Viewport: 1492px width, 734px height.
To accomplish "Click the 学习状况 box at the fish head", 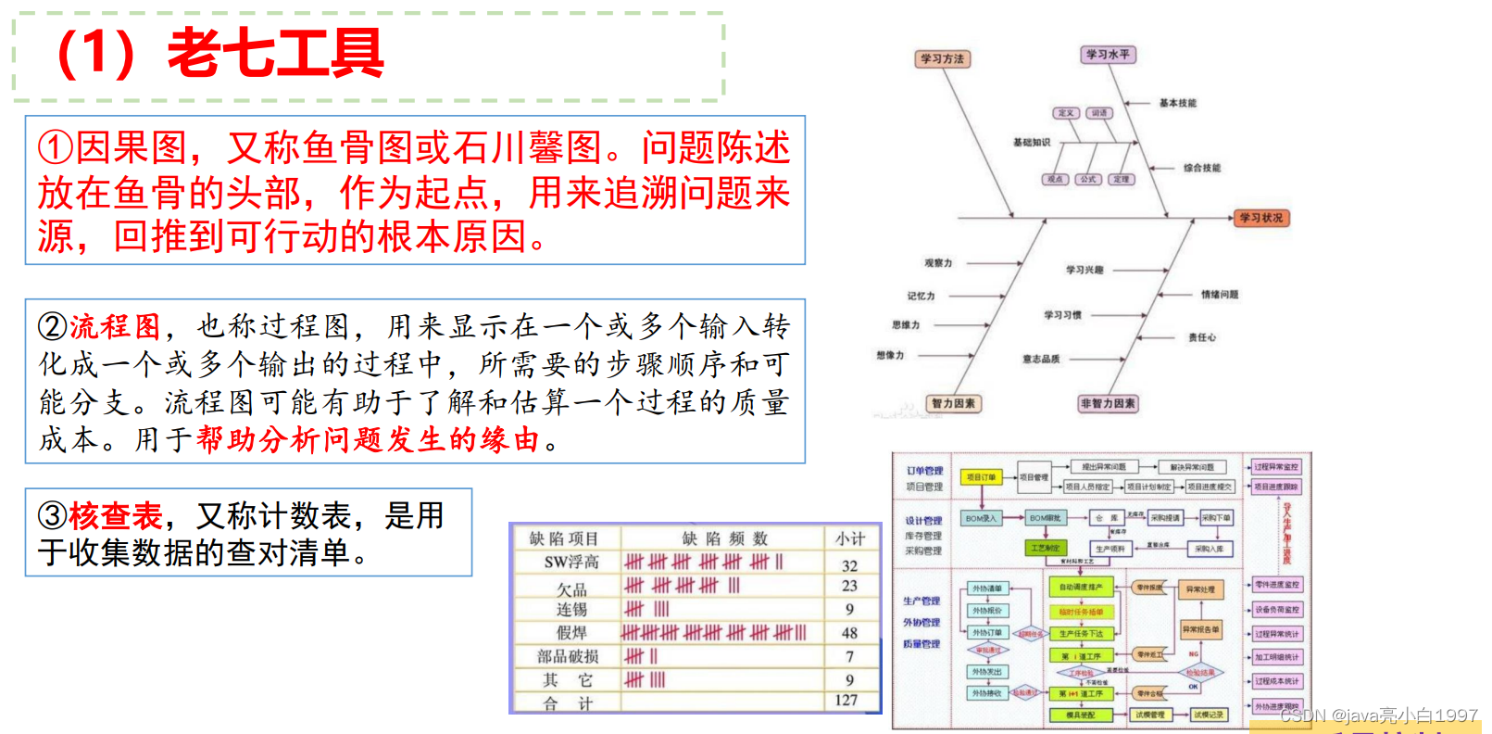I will tap(1261, 219).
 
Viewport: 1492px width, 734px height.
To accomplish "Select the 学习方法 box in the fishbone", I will tap(942, 59).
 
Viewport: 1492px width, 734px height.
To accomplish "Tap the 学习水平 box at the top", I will tap(1108, 55).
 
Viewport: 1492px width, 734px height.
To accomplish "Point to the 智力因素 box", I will tap(953, 404).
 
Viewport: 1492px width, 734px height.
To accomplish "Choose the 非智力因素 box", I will tap(1108, 404).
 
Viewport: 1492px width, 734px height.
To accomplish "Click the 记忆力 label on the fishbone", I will tap(921, 297).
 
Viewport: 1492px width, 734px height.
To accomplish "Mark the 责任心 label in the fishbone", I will tap(1202, 338).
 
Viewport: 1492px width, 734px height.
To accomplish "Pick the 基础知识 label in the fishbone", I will tap(1032, 143).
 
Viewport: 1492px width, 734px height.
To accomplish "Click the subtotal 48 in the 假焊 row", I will tap(849, 634).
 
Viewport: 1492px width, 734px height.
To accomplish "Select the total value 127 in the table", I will tap(846, 701).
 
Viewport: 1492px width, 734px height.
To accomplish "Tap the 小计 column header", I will tap(850, 538).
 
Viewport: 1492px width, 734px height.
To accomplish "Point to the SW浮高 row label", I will tap(571, 563).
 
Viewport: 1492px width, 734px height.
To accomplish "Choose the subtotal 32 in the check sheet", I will tap(849, 565).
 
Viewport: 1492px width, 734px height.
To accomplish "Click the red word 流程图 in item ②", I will tap(115, 326).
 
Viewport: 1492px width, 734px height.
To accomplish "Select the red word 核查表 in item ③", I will tap(115, 515).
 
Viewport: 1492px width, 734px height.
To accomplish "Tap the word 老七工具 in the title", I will tap(275, 53).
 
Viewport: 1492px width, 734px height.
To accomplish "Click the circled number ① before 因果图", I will tap(55, 148).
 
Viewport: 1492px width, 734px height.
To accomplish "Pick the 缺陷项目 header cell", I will tap(564, 538).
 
